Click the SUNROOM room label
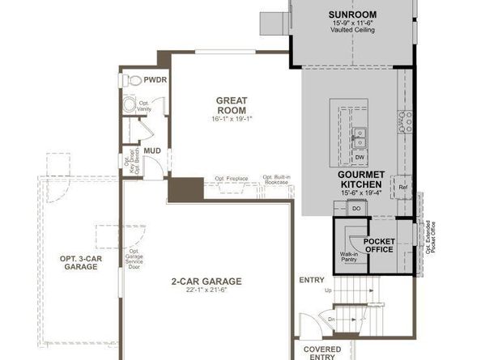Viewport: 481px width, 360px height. [352, 15]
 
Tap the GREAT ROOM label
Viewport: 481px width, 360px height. [231, 105]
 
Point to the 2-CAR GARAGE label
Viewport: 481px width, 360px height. [206, 282]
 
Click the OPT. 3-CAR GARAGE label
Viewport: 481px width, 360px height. [79, 262]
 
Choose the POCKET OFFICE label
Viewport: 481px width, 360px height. [379, 245]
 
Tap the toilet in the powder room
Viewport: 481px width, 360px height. [133, 81]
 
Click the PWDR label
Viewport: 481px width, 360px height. [155, 81]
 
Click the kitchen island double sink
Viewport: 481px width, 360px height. [360, 133]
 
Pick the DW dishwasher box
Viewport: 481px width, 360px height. [360, 157]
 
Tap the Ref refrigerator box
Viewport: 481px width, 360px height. [402, 187]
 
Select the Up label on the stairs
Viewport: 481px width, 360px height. [327, 290]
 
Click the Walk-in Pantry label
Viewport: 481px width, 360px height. [350, 258]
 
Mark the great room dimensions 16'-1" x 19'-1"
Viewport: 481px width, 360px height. [231, 120]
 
